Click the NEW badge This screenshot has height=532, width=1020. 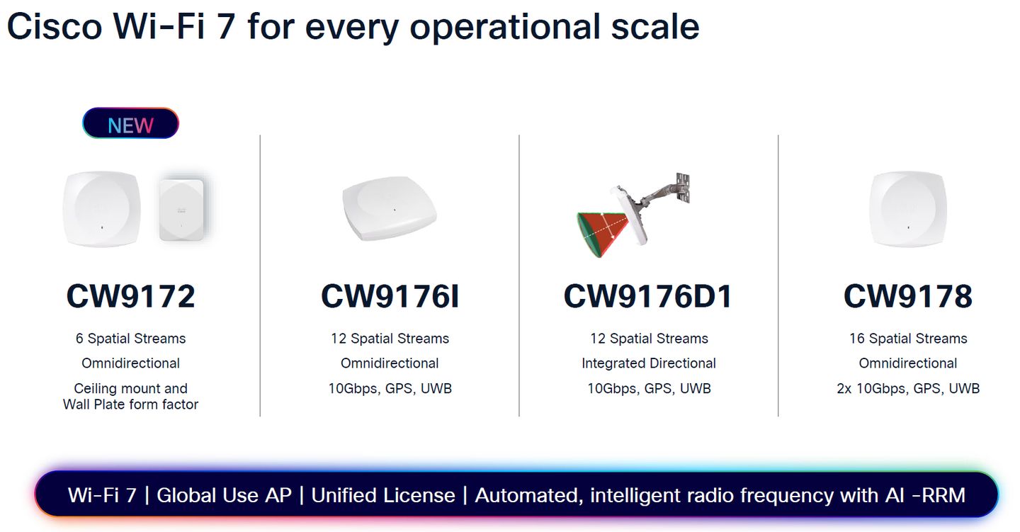(130, 123)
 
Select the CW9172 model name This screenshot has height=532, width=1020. (130, 297)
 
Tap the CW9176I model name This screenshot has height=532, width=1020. (390, 297)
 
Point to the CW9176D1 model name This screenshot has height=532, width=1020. (648, 297)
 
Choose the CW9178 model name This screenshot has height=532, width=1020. (908, 297)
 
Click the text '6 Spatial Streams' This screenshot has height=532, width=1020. (130, 339)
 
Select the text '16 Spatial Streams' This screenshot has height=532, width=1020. (908, 339)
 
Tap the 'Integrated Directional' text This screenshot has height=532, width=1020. (649, 363)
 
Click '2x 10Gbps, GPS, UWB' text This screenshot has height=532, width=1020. (908, 388)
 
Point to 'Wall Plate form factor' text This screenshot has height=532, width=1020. (130, 404)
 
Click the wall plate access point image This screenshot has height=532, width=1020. (181, 210)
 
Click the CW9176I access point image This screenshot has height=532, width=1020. (390, 208)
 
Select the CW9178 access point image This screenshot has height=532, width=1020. (908, 209)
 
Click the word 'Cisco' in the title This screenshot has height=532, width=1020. (55, 26)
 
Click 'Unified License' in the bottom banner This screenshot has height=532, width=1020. (383, 495)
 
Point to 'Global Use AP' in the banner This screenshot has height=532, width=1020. (224, 495)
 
